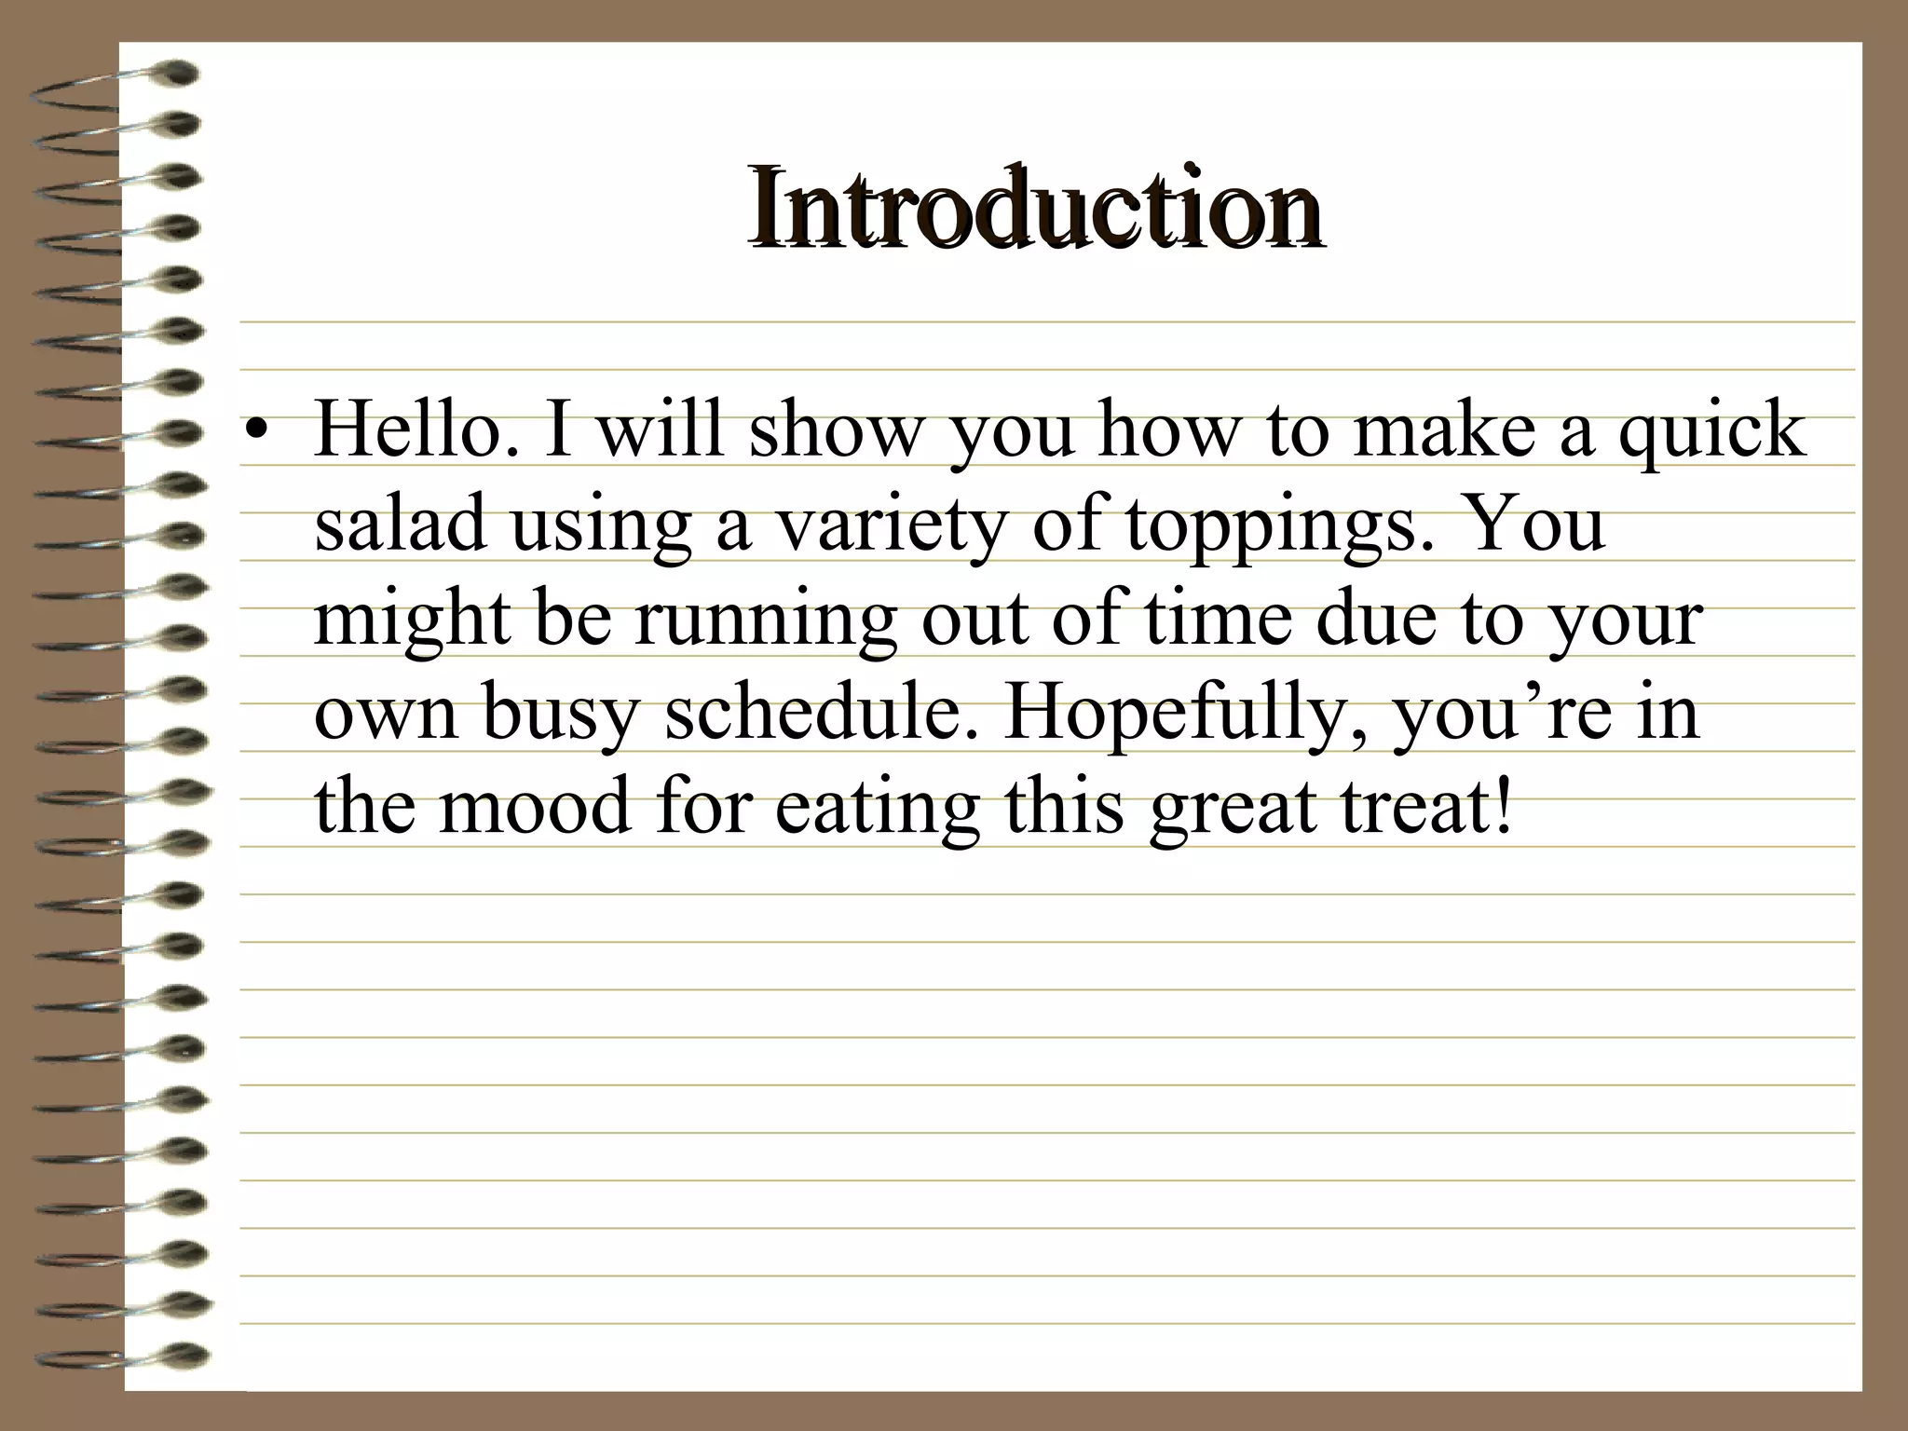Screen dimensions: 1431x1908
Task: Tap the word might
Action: pos(413,620)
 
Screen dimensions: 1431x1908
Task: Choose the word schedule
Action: pos(821,712)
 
